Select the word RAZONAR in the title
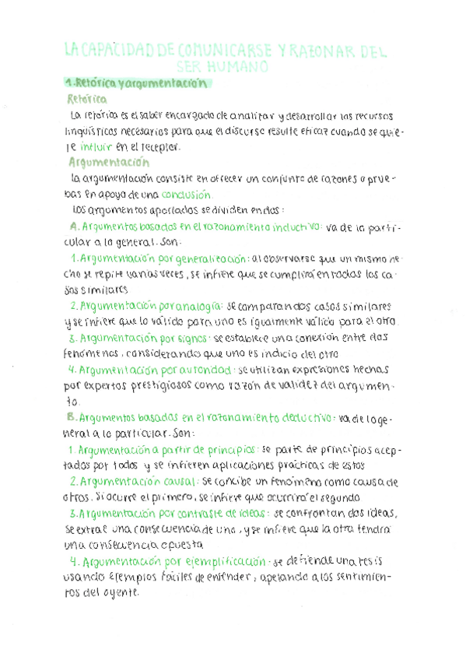[x=324, y=51]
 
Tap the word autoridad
[x=205, y=370]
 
